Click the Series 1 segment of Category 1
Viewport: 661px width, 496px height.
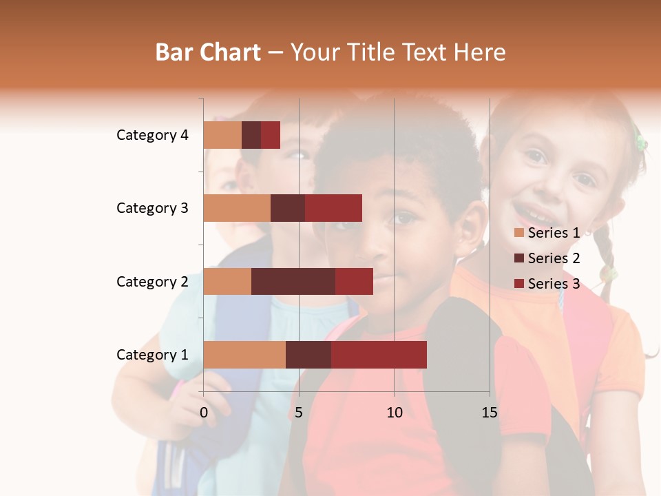click(x=244, y=355)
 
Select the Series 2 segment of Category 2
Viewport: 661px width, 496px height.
click(x=293, y=281)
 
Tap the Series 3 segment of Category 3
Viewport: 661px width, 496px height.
click(x=333, y=208)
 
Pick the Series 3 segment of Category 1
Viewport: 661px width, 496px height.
click(x=379, y=355)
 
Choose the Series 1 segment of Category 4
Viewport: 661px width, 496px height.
click(x=222, y=135)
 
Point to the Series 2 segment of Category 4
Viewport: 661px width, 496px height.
click(x=251, y=135)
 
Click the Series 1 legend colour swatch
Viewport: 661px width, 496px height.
click(x=519, y=234)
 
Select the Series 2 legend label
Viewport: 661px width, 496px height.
click(x=554, y=258)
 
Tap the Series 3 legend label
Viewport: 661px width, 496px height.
click(x=554, y=283)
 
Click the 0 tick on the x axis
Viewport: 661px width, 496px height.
click(x=204, y=413)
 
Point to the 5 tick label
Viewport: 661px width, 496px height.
click(x=299, y=413)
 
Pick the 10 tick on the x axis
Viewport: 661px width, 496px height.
click(x=394, y=413)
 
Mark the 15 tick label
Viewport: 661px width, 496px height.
click(x=489, y=413)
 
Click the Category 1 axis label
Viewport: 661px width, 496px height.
click(x=152, y=355)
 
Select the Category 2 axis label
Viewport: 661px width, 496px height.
click(x=152, y=281)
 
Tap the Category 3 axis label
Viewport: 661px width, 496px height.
click(x=152, y=208)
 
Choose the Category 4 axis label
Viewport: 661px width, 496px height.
click(x=152, y=135)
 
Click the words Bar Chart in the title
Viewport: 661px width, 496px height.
click(x=208, y=52)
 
